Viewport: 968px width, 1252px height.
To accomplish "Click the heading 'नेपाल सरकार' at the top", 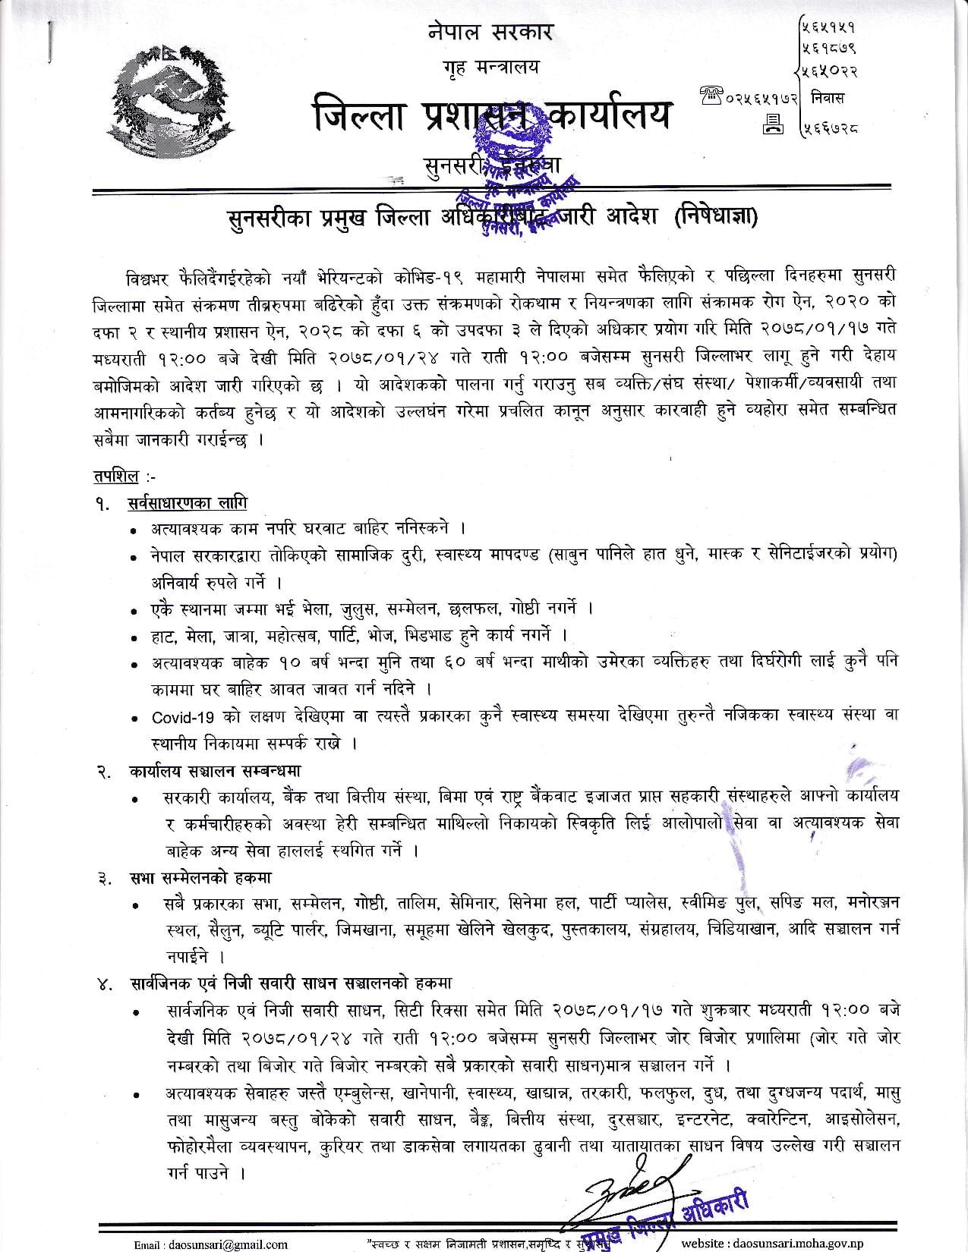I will pos(490,32).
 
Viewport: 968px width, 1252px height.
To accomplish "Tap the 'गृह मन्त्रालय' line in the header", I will pos(490,68).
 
